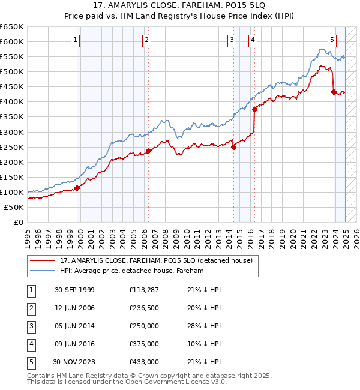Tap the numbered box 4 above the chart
(254, 40)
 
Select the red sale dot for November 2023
(334, 92)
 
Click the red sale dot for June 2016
(254, 109)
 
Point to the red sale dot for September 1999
(77, 188)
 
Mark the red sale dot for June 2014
(233, 147)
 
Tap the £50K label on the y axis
(14, 207)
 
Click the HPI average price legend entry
(131, 271)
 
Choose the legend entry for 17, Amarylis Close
(159, 260)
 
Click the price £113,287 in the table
(144, 290)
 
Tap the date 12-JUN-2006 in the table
(74, 308)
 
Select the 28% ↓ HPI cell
(204, 326)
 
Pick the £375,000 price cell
(144, 344)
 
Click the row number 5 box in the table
(30, 362)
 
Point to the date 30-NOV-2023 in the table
(74, 362)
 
